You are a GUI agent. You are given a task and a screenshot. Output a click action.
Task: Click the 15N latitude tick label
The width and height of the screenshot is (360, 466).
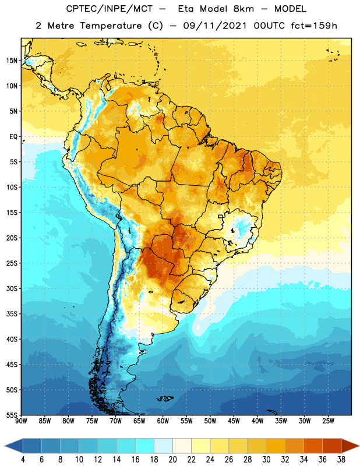pos(12,61)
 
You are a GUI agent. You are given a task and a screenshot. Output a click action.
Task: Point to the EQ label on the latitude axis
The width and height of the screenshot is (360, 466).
pos(13,137)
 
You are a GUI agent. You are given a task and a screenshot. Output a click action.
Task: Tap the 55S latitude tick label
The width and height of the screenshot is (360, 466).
pos(12,415)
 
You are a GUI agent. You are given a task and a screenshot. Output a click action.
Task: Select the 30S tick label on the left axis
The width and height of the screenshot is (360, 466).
pos(12,288)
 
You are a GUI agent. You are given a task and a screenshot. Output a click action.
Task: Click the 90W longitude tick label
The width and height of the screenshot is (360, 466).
pos(21,421)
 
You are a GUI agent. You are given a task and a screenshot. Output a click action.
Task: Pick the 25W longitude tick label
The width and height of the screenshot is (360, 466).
pos(328,421)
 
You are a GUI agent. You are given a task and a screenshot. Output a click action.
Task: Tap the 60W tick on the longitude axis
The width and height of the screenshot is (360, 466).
pos(163,421)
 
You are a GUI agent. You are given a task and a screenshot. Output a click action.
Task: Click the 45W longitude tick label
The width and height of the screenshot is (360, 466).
pos(234,421)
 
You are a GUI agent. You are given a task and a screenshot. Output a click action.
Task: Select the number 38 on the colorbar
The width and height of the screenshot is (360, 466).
pos(341,460)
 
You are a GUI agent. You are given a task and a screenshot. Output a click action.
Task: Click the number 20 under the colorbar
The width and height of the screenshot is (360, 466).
pos(172,460)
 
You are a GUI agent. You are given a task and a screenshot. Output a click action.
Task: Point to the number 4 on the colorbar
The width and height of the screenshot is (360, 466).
pos(23,460)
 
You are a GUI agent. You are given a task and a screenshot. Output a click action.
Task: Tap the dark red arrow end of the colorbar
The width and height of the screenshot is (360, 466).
pos(350,446)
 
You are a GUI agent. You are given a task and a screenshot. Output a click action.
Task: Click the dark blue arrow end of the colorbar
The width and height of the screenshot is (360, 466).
pos(13,446)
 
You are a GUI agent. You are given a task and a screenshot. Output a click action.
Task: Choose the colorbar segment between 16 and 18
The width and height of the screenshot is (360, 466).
pos(144,446)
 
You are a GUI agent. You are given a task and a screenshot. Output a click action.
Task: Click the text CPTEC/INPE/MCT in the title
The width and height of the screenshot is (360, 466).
pos(110,9)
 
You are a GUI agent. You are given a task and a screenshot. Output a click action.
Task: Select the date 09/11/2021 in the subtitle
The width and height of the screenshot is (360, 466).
pos(215,26)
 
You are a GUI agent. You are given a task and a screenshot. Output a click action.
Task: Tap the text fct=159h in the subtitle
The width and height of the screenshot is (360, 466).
pos(314,26)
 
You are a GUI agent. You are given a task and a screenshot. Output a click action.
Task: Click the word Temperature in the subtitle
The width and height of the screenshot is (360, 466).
pos(111,26)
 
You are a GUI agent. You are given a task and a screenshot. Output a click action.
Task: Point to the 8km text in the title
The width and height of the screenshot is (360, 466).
pos(243,9)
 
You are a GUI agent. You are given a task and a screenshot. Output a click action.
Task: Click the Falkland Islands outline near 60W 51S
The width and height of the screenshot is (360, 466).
pos(165,398)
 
